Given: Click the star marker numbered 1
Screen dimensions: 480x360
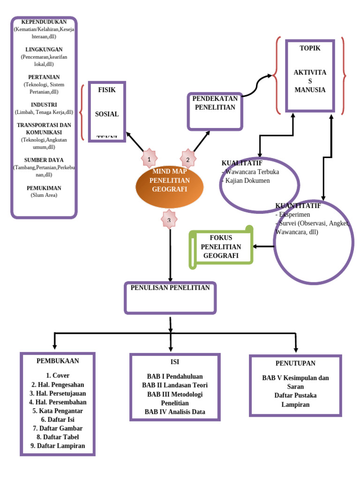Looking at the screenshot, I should pyautogui.click(x=149, y=159).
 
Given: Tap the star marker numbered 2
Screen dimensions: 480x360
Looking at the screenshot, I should pyautogui.click(x=188, y=159).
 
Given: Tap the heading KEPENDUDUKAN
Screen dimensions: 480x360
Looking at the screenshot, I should pyautogui.click(x=44, y=22).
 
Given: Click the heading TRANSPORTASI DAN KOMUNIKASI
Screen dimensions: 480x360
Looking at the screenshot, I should pyautogui.click(x=44, y=128).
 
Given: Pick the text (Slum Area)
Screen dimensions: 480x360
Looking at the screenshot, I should pyautogui.click(x=44, y=195).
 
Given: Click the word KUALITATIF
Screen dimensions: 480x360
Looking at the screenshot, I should pyautogui.click(x=242, y=163).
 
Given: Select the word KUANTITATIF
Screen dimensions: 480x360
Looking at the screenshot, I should pyautogui.click(x=298, y=206).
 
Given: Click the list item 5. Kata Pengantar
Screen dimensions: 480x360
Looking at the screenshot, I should pyautogui.click(x=58, y=411).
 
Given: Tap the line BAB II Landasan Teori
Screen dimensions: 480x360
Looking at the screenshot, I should pyautogui.click(x=175, y=385).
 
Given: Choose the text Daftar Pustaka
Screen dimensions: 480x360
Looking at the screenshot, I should pyautogui.click(x=295, y=396).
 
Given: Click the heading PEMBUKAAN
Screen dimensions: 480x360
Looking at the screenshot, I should pyautogui.click(x=58, y=361).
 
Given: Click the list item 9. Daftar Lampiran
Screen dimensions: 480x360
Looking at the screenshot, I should pyautogui.click(x=58, y=446).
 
